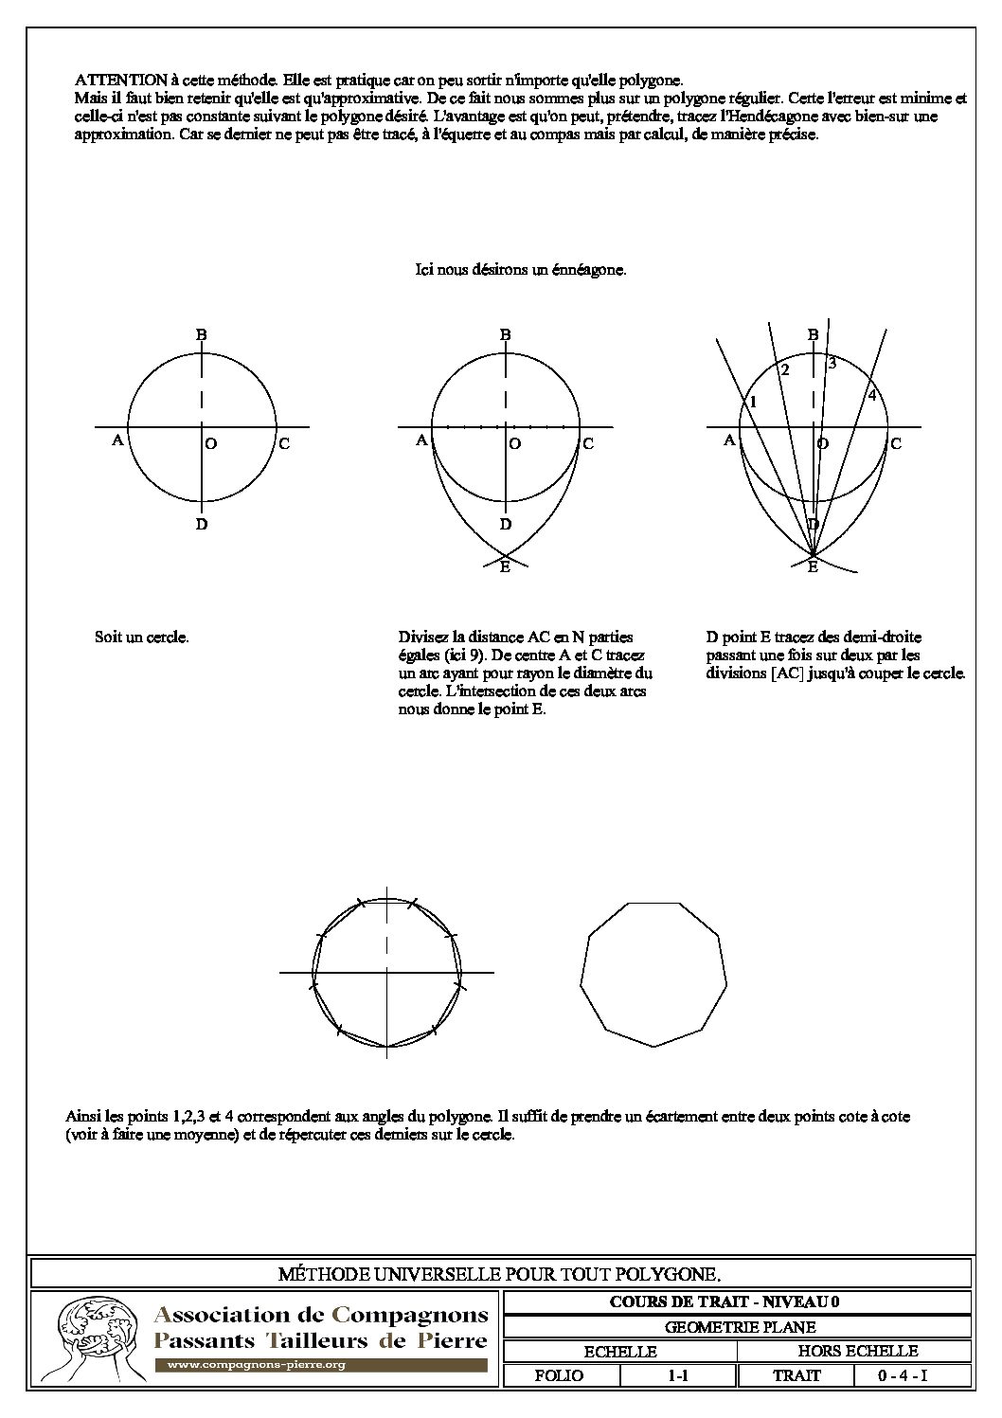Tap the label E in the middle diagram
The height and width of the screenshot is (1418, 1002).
[x=505, y=567]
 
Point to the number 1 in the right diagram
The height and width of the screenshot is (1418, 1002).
[x=753, y=403]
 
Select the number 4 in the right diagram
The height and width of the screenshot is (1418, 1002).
[x=872, y=394]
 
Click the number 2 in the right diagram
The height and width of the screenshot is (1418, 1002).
[x=785, y=370]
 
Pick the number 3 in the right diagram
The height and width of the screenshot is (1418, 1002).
[x=832, y=363]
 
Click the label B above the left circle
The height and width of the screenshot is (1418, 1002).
[x=202, y=334]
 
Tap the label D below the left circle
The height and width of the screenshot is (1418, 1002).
[x=202, y=524]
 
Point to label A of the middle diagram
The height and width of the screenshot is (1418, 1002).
[x=421, y=440]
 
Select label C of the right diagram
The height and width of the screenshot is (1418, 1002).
[x=895, y=443]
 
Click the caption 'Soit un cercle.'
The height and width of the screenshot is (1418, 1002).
[x=142, y=637]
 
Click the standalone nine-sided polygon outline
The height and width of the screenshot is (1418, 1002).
[x=653, y=974]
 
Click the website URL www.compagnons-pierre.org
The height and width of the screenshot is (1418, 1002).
[x=256, y=1365]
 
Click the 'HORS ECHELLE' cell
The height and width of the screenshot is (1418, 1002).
[x=857, y=1351]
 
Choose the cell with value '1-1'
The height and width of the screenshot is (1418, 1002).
[x=677, y=1374]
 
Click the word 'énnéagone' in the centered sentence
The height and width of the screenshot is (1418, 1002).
[x=590, y=270]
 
